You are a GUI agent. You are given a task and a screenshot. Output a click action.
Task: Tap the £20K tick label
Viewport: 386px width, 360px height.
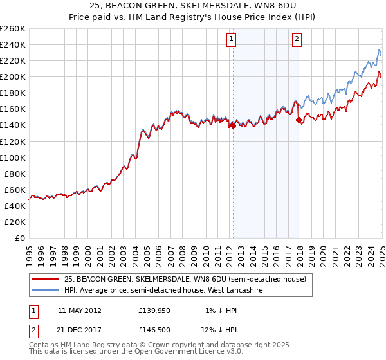point(15,222)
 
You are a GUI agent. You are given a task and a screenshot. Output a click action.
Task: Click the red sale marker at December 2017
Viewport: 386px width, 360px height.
point(299,120)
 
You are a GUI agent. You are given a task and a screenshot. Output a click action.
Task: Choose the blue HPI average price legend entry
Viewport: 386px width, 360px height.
point(167,291)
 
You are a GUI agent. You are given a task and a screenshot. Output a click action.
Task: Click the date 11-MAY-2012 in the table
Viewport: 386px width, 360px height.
point(79,310)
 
